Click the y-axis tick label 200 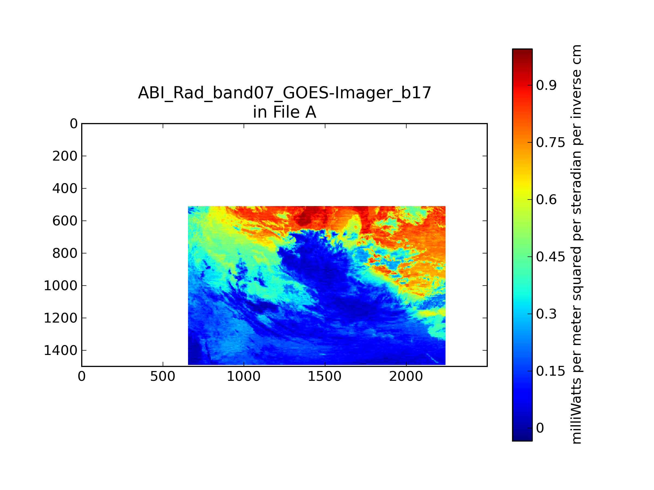point(65,156)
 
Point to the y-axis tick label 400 point(65,188)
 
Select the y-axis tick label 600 point(65,221)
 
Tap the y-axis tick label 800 point(65,253)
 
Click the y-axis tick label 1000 point(60,286)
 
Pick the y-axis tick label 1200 point(60,318)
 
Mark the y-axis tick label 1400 point(60,351)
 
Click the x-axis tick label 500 point(163,376)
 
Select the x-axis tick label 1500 point(325,376)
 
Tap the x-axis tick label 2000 point(406,376)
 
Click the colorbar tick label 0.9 point(546,85)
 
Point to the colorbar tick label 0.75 point(550,143)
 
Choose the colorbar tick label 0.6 point(546,200)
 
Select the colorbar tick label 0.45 point(550,257)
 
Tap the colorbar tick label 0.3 point(546,314)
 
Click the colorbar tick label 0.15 point(550,371)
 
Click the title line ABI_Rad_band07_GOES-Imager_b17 point(284,93)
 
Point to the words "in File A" point(284,112)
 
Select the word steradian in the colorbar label point(577,183)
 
